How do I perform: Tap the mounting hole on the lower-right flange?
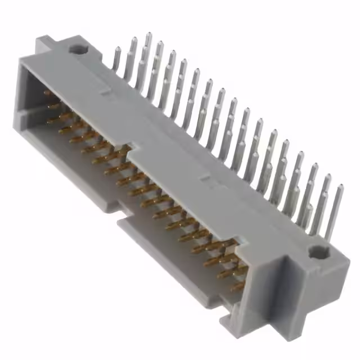(x=321, y=254)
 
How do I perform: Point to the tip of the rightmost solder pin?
(x=340, y=186)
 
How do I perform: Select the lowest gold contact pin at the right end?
(x=236, y=287)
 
